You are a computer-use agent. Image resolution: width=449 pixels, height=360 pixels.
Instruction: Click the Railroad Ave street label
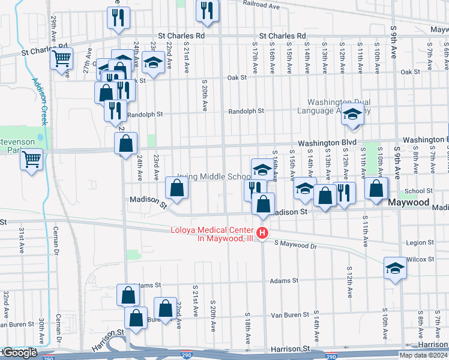point(262,4)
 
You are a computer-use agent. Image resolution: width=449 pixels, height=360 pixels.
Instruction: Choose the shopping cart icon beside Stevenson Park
point(32,160)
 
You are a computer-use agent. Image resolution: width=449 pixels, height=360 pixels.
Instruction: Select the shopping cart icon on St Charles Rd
point(61,59)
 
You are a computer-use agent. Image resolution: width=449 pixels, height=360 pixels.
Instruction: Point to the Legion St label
point(420,243)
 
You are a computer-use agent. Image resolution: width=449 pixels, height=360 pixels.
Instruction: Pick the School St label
point(414,191)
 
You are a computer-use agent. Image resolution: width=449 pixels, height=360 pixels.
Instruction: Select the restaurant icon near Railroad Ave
point(207,11)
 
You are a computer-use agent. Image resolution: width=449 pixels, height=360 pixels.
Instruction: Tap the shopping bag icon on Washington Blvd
point(125,145)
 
